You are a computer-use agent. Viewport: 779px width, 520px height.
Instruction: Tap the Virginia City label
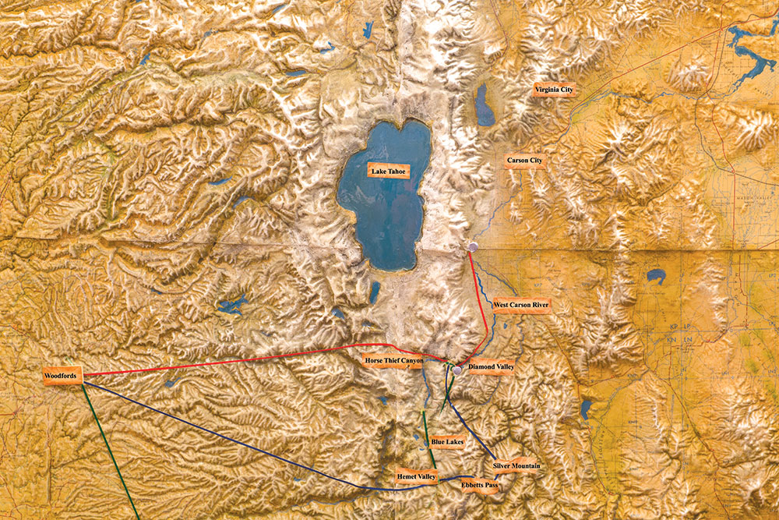pos(554,90)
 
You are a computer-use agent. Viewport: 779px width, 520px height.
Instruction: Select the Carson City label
pos(524,161)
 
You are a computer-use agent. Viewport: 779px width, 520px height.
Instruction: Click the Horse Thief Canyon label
pos(394,359)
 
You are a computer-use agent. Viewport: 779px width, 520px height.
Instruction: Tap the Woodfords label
pos(60,377)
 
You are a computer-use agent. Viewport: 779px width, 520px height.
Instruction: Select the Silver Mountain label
pos(515,466)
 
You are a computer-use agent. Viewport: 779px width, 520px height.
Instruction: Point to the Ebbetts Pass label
pos(480,485)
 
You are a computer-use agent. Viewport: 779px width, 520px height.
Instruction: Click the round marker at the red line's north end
pos(473,247)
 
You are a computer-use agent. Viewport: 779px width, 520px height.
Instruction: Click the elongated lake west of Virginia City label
pos(485,106)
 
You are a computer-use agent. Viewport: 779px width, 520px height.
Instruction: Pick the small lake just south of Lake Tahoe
pos(375,292)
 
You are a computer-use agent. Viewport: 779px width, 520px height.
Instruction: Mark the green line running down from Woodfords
pos(109,444)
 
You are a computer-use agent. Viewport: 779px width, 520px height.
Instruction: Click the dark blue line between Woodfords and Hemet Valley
pos(234,441)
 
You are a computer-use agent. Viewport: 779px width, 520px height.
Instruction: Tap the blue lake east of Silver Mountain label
pos(586,408)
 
